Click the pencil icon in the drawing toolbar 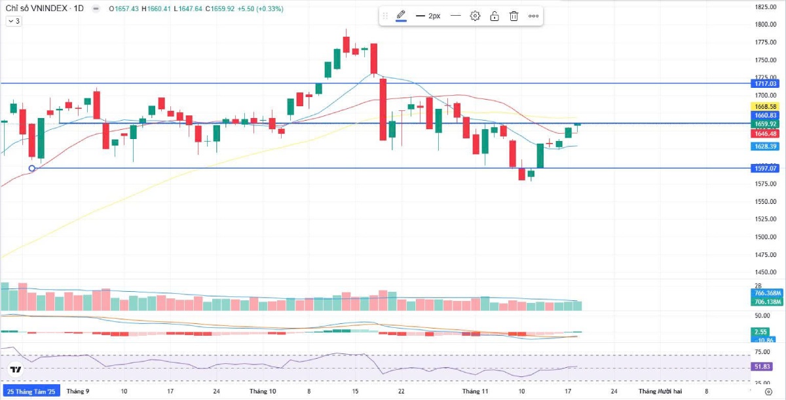(401, 16)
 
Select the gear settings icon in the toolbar (476, 16)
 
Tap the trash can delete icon (514, 16)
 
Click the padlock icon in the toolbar (495, 16)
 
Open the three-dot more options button (533, 16)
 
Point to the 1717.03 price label (764, 83)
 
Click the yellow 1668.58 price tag (764, 106)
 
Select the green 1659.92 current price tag (764, 124)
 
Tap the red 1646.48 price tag (764, 133)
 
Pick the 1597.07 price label (764, 169)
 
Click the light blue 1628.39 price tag (764, 146)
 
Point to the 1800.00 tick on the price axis (764, 25)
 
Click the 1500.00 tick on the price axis (764, 237)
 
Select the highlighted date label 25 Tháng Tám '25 (31, 391)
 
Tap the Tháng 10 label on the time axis (263, 391)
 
